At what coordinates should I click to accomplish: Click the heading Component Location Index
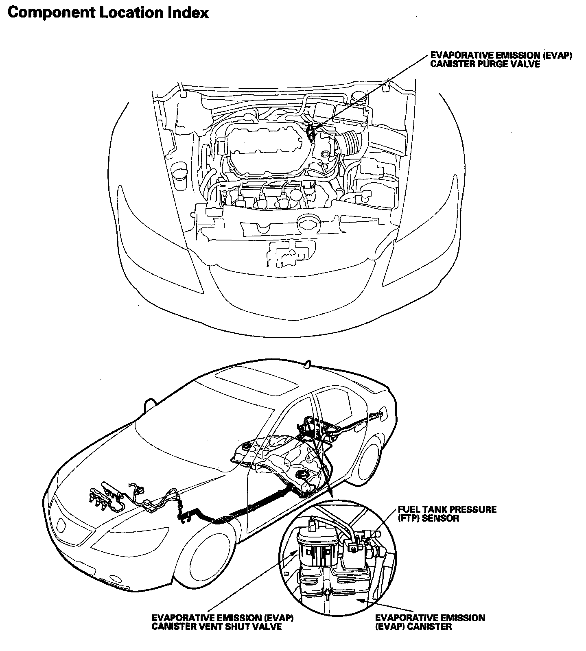click(x=108, y=13)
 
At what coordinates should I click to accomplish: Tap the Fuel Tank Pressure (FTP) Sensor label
click(x=446, y=514)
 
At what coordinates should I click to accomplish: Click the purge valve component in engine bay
click(x=311, y=131)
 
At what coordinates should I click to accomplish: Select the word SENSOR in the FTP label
click(x=439, y=518)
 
